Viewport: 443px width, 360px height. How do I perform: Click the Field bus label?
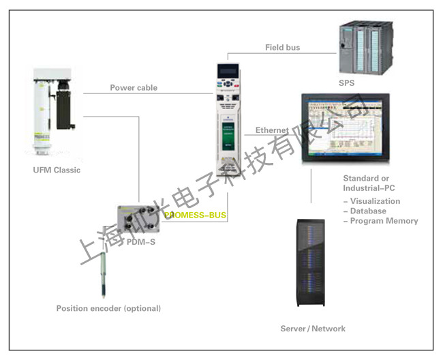(x=282, y=48)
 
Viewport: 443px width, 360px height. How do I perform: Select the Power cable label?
(x=134, y=87)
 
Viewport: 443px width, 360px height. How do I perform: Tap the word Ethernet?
(x=272, y=130)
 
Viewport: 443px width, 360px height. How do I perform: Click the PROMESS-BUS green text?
(x=195, y=215)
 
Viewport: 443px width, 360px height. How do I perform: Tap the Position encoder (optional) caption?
(x=108, y=308)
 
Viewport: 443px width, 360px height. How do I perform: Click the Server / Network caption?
(x=313, y=329)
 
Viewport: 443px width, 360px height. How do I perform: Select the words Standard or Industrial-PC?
(x=369, y=183)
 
